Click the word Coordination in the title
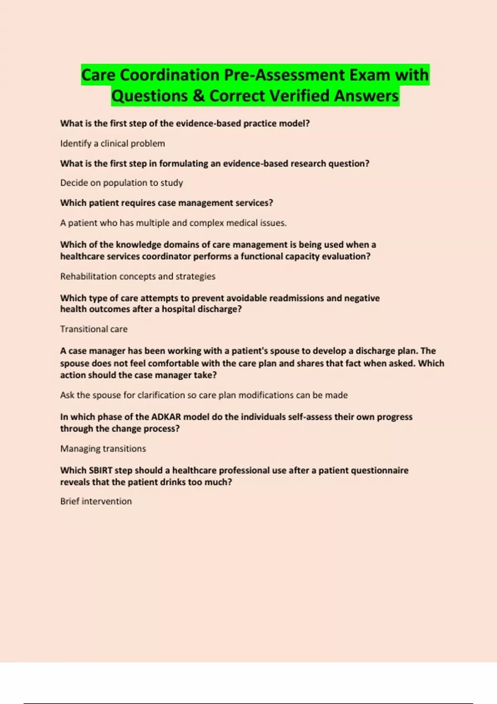169,75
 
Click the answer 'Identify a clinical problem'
113,143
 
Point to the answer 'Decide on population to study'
121,183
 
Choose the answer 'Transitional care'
94,329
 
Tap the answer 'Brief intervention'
96,501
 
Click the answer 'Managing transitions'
103,448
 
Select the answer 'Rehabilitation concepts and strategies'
138,276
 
